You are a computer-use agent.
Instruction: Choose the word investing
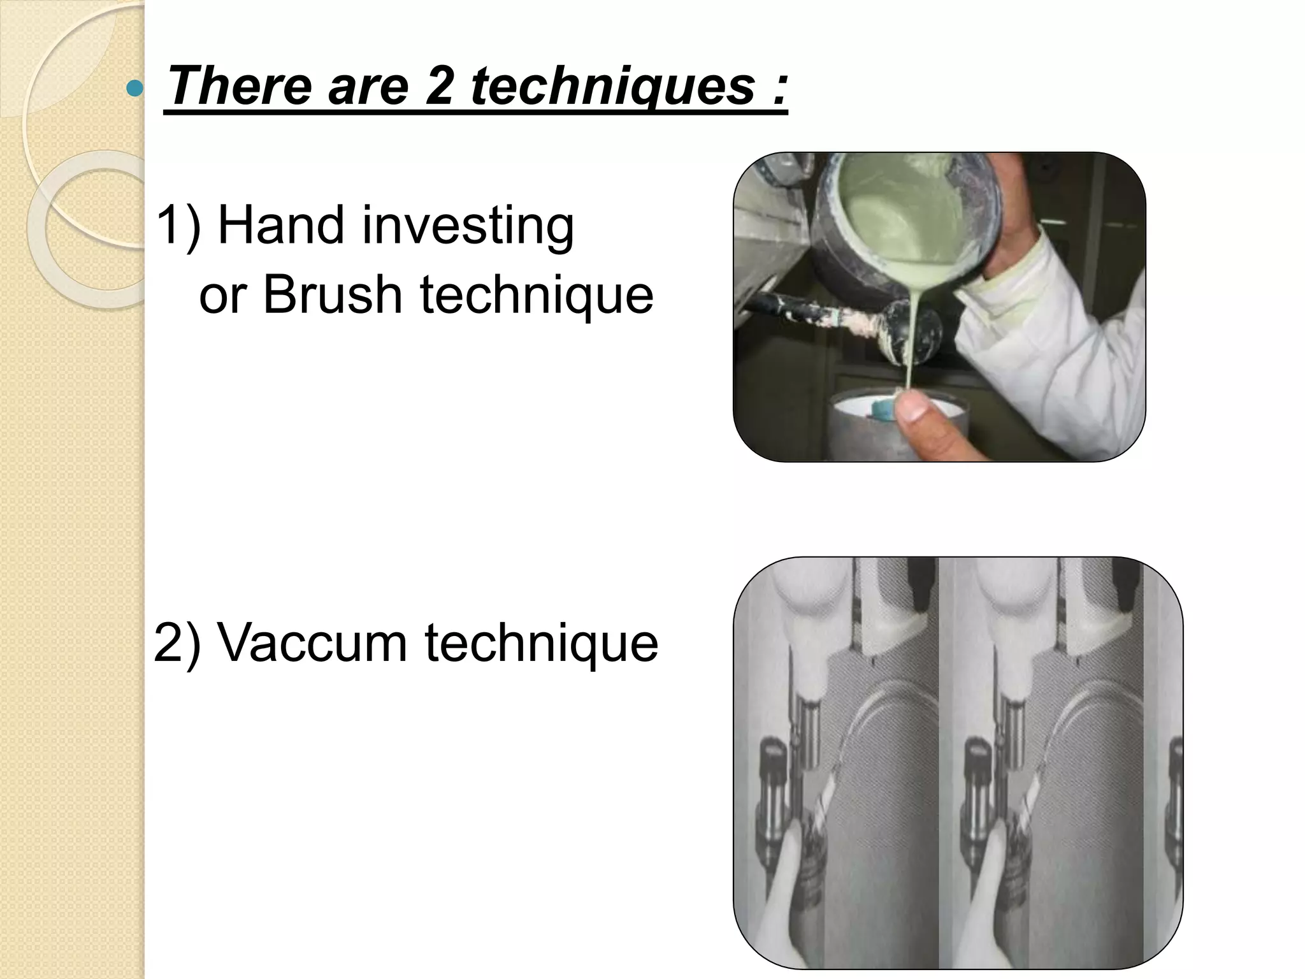point(468,226)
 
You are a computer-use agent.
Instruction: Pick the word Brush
point(333,294)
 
